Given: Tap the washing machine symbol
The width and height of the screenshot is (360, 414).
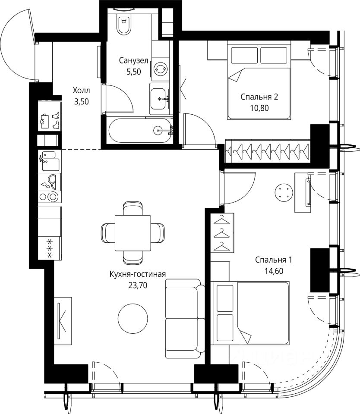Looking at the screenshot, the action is (x=161, y=69).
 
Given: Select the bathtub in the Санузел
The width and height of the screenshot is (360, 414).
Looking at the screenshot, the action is (x=140, y=130).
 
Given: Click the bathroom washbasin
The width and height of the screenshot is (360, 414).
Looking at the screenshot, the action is (x=160, y=99).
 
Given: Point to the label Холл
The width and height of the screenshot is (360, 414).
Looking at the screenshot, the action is (x=82, y=91).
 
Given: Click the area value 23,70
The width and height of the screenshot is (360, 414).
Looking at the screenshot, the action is (x=138, y=285).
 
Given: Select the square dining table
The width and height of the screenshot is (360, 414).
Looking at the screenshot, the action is (x=133, y=233).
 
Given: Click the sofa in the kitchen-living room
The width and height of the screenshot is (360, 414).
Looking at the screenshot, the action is (x=185, y=319).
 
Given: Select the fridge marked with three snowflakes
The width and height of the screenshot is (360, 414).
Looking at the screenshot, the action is (x=50, y=248).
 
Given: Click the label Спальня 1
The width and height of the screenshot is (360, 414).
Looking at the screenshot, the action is (x=274, y=260).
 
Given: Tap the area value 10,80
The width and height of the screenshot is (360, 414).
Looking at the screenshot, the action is (x=259, y=108).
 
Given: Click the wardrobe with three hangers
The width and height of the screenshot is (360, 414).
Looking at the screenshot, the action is (x=222, y=233).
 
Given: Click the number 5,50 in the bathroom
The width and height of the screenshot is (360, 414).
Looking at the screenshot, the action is (x=133, y=72).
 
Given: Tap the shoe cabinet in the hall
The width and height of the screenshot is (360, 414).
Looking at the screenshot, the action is (x=50, y=116).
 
